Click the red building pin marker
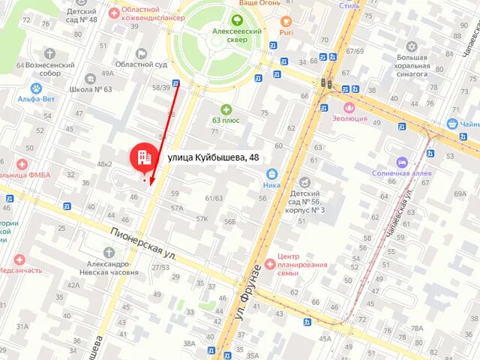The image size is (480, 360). (x=142, y=156)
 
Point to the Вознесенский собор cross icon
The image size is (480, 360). (x=49, y=54)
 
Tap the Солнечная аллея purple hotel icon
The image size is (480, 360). (x=402, y=162)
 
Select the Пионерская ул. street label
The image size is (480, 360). (x=143, y=244)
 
